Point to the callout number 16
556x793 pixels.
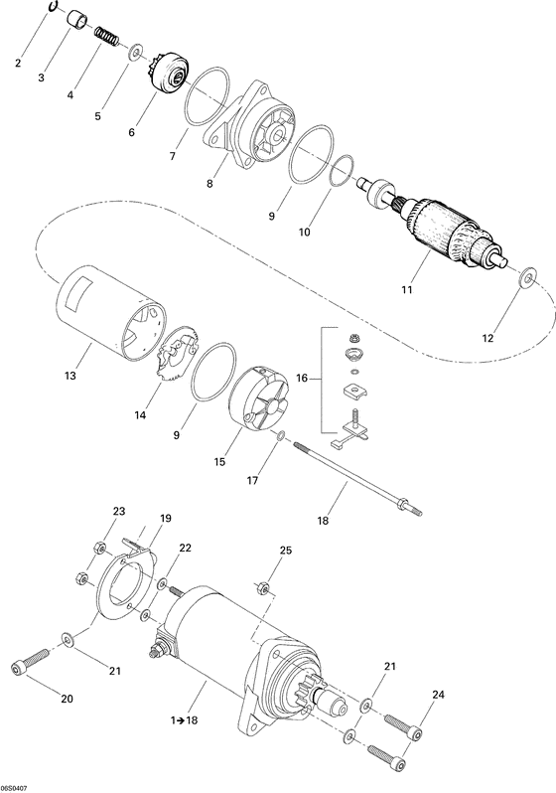pos(303,379)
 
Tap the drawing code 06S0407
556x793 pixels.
pos(17,785)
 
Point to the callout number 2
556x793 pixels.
pos(17,65)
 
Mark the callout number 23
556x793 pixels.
pos(119,511)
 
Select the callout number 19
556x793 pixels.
pos(166,518)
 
